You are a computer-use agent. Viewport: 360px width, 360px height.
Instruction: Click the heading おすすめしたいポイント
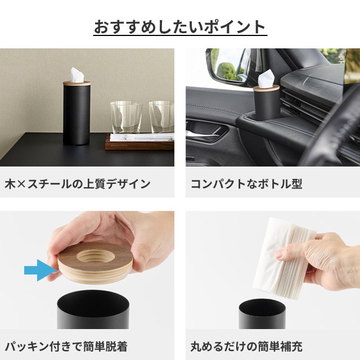[180, 27]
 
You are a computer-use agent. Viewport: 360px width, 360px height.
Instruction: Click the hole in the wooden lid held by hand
[96, 256]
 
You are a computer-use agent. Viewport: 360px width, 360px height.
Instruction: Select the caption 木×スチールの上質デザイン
[78, 184]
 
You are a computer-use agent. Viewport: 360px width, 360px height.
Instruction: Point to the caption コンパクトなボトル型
[246, 184]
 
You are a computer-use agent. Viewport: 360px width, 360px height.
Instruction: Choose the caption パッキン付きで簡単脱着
[66, 346]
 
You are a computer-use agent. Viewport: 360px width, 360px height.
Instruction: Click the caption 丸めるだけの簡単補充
[246, 346]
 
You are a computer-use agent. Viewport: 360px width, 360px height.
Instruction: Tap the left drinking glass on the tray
[126, 117]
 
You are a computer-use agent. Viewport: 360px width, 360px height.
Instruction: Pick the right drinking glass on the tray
[161, 116]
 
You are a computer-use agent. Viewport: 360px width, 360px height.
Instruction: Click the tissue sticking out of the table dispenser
[76, 75]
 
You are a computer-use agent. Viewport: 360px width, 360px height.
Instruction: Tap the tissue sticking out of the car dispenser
[265, 79]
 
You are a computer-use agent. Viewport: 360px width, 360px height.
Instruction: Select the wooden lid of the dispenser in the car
[266, 88]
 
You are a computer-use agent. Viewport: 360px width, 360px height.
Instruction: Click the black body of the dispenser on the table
[76, 115]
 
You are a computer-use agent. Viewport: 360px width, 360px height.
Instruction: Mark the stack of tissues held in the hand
[285, 258]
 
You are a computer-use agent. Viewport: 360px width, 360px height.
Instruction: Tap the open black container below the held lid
[93, 310]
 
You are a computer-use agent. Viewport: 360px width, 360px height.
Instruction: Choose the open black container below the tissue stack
[262, 314]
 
